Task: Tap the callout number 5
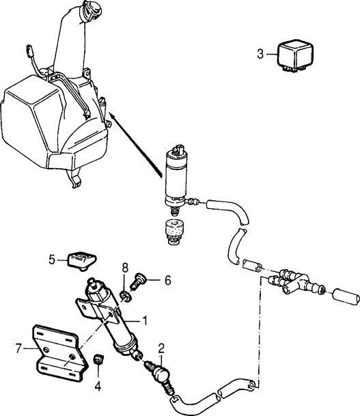click(x=51, y=259)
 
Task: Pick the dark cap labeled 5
click(x=81, y=259)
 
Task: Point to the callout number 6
click(x=168, y=280)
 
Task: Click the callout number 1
click(x=144, y=320)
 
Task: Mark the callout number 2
click(x=161, y=346)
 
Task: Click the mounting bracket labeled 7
click(x=57, y=352)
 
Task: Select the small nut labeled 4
click(x=98, y=359)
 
